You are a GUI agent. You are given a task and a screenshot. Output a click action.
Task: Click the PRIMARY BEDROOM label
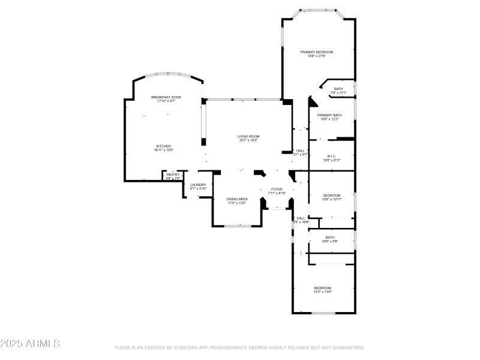pos(317,52)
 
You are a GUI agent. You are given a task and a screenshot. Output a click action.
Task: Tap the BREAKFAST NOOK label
pos(166,97)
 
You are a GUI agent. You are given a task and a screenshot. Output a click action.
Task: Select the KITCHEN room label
pos(164,146)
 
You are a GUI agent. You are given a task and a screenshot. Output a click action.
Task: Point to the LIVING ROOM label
pos(248,136)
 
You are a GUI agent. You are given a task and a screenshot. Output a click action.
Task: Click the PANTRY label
pos(173,175)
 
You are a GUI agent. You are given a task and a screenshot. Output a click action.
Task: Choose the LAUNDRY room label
pos(198,185)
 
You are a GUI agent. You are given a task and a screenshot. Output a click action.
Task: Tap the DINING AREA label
pos(237,199)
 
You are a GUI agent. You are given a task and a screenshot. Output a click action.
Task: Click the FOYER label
pos(277,189)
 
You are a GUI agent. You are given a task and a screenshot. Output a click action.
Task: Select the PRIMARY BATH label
pos(329,115)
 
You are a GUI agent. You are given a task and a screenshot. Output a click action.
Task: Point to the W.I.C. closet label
pos(331,156)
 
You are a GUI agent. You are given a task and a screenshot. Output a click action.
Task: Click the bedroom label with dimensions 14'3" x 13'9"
pos(323,288)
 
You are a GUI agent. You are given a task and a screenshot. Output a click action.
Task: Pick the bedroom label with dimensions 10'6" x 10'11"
pos(332,196)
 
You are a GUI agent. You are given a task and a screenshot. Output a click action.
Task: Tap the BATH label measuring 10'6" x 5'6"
pos(330,237)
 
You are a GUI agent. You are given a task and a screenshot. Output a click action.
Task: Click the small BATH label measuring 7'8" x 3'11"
pos(338,89)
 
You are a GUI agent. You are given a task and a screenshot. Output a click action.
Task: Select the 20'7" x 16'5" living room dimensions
pos(248,140)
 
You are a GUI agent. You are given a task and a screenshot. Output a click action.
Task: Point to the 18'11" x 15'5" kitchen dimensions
pos(164,150)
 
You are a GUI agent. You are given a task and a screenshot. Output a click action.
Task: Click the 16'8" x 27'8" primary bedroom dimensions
pos(317,56)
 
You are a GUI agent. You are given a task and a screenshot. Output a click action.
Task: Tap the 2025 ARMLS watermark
pos(30,344)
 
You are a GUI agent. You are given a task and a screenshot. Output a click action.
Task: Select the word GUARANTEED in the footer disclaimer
pos(349,347)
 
